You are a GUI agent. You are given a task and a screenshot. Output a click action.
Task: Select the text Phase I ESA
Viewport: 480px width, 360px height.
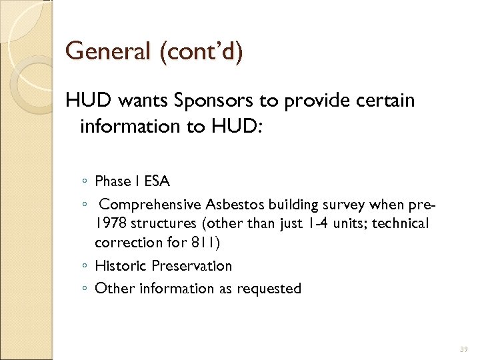(x=132, y=181)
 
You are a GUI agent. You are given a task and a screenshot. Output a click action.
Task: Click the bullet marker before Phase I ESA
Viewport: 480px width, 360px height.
(x=85, y=181)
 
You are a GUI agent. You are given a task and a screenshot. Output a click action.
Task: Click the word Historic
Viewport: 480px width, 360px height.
(x=121, y=265)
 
